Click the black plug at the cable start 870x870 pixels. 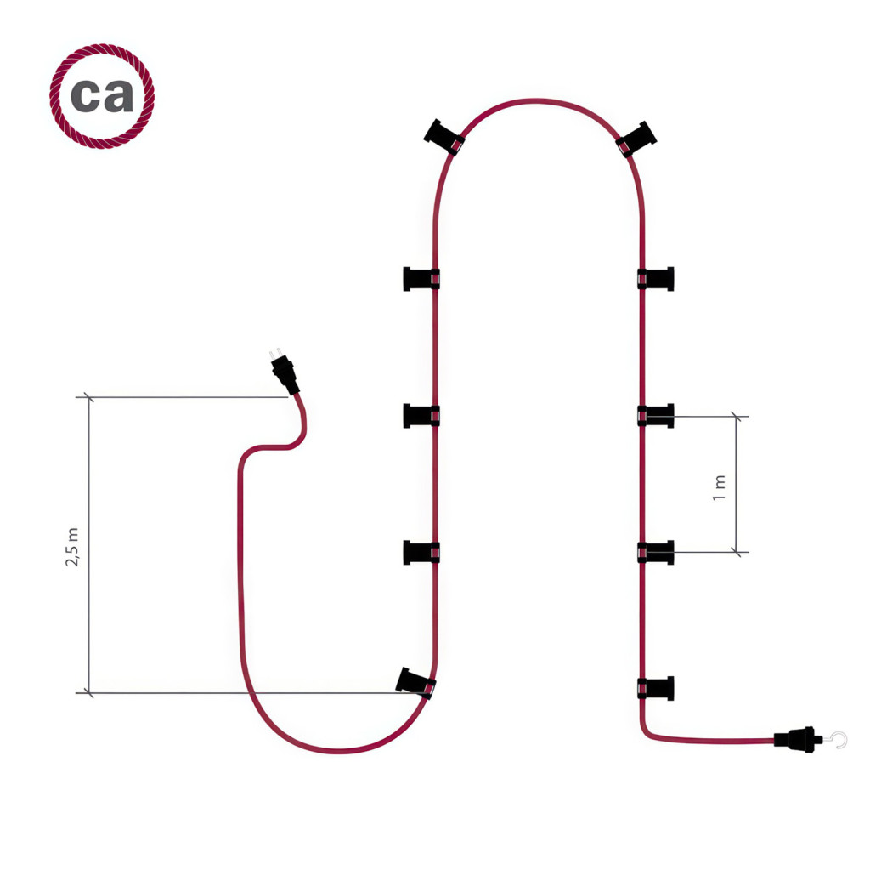(x=285, y=375)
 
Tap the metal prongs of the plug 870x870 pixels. (x=274, y=354)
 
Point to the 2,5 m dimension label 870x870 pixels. (x=72, y=547)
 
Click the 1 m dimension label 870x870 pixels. (x=719, y=488)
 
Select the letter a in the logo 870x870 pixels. (x=118, y=95)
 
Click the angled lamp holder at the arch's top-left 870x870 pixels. (x=443, y=137)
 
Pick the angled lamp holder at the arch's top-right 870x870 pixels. (x=636, y=139)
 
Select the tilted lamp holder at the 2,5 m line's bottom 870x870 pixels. (x=415, y=683)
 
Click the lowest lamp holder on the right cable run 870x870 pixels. (x=656, y=688)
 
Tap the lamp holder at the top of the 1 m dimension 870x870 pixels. (x=656, y=416)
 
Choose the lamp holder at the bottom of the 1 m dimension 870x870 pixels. (x=656, y=552)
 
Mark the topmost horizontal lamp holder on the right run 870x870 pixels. (x=656, y=279)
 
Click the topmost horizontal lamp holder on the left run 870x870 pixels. (x=421, y=279)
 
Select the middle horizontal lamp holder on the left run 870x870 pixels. (x=421, y=416)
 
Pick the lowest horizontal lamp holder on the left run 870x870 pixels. (x=421, y=552)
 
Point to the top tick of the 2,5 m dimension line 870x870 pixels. (x=88, y=397)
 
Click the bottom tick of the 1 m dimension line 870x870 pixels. (x=737, y=552)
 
